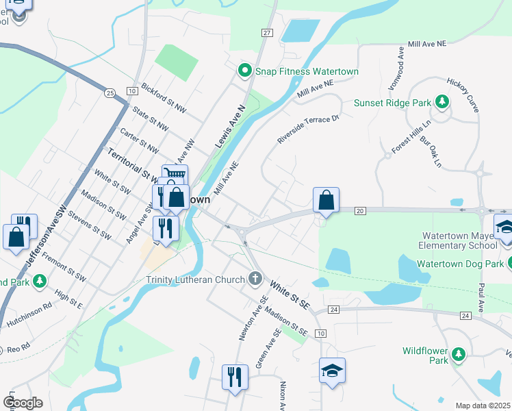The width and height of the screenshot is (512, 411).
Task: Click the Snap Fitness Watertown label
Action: (x=307, y=71)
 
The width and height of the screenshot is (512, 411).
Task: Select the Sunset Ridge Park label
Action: (x=392, y=103)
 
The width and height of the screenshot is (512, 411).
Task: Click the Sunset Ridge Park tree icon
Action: (x=442, y=103)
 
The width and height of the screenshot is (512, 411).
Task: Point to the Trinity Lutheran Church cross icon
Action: (x=255, y=279)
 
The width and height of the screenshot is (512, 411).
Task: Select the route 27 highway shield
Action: (x=267, y=33)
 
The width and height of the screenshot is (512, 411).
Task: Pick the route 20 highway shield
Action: (x=361, y=210)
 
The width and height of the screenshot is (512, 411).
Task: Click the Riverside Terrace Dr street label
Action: (x=308, y=129)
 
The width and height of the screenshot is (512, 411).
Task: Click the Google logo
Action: (x=22, y=402)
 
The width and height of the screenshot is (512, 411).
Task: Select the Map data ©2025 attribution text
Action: (x=483, y=406)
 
